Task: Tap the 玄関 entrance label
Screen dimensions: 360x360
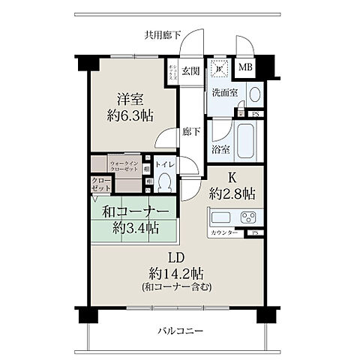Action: (x=190, y=71)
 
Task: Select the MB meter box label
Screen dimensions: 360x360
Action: (x=245, y=67)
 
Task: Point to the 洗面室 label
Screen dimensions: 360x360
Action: (x=225, y=94)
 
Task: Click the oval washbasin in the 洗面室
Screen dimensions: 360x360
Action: (x=254, y=94)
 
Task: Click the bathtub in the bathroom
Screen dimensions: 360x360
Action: (x=247, y=140)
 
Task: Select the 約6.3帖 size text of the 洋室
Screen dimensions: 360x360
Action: (x=129, y=116)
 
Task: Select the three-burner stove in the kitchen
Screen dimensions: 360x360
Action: (x=247, y=218)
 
